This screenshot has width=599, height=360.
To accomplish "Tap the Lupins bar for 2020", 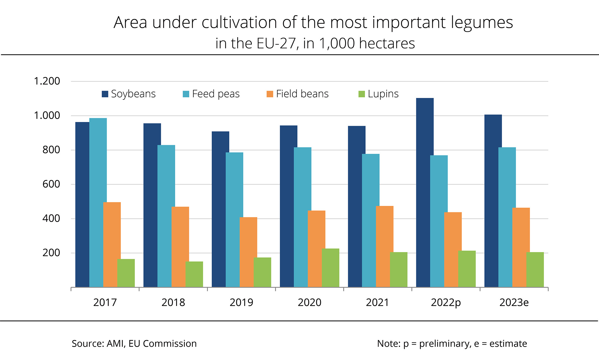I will pyautogui.click(x=331, y=268).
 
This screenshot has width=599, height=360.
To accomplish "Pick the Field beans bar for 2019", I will pyautogui.click(x=248, y=252).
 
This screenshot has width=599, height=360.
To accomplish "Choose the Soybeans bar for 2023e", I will pyautogui.click(x=493, y=201).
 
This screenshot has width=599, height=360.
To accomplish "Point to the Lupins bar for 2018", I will pyautogui.click(x=194, y=274).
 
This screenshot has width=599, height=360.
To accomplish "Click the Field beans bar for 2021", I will pyautogui.click(x=385, y=247).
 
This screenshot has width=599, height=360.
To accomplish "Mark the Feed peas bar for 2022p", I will pyautogui.click(x=439, y=221).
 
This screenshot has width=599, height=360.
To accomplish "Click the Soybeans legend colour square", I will pyautogui.click(x=105, y=94).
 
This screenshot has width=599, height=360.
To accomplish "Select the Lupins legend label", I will pyautogui.click(x=383, y=94).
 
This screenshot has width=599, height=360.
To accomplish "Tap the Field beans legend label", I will pyautogui.click(x=302, y=94).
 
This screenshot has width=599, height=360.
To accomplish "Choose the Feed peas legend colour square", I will pyautogui.click(x=186, y=94).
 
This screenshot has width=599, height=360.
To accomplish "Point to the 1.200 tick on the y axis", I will pyautogui.click(x=47, y=81).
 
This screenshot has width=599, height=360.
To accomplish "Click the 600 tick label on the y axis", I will pyautogui.click(x=51, y=184).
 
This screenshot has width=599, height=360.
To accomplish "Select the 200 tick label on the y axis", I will pyautogui.click(x=51, y=253).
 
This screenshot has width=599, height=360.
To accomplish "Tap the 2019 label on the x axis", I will pyautogui.click(x=241, y=302).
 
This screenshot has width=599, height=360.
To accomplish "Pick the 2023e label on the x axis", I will pyautogui.click(x=514, y=302).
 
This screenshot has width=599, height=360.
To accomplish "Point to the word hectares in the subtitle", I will pyautogui.click(x=387, y=44).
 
